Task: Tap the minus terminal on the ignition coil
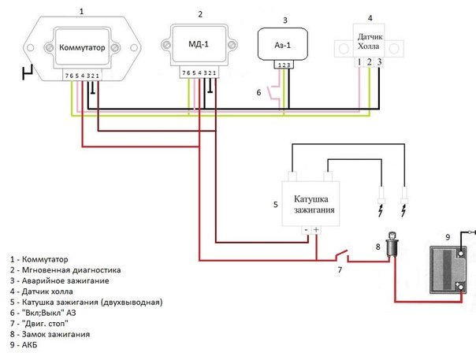click(306, 230)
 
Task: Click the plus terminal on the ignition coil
click(317, 230)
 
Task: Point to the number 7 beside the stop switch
click(340, 270)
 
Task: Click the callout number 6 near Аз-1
click(258, 92)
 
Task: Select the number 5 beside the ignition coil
click(275, 205)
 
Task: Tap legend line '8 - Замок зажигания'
click(55, 334)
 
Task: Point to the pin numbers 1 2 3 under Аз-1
click(284, 65)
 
